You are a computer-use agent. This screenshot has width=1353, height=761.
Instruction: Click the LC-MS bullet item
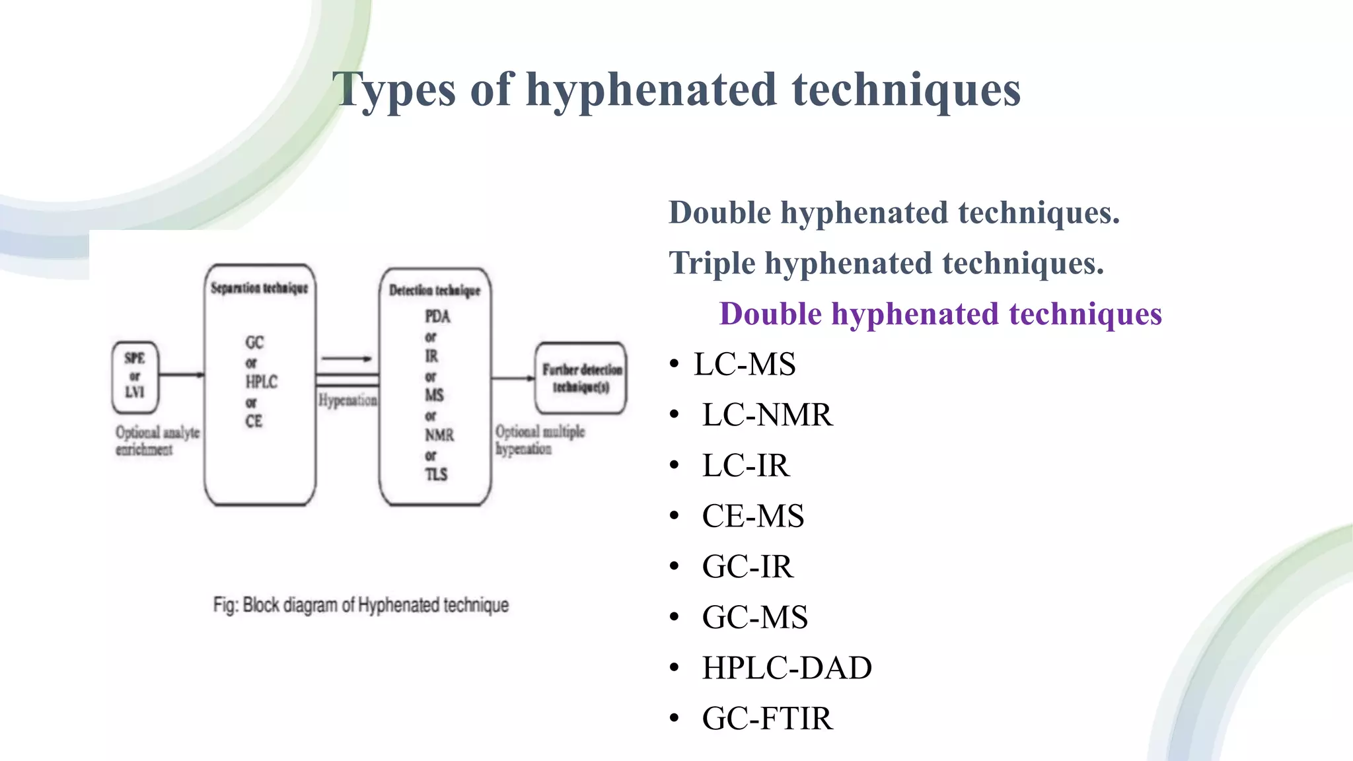click(x=745, y=365)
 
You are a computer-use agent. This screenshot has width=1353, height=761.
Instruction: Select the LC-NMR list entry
click(x=767, y=416)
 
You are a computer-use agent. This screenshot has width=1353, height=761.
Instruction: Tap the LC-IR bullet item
click(x=745, y=466)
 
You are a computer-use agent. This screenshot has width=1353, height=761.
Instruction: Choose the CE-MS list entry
click(x=752, y=517)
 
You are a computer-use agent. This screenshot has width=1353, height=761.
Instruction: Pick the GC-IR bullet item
click(x=747, y=567)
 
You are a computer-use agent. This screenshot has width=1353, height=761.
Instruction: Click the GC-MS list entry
click(x=754, y=618)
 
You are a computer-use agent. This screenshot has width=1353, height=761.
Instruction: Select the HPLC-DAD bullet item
click(x=786, y=668)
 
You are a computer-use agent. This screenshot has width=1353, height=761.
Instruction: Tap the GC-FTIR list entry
click(x=767, y=719)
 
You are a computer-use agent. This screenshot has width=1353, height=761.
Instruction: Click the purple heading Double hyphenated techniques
click(x=940, y=314)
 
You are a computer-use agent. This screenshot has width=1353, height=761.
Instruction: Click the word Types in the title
click(x=394, y=90)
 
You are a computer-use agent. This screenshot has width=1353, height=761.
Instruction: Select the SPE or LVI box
click(x=135, y=376)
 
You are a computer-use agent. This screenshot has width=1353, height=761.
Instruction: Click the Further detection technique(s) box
click(x=581, y=378)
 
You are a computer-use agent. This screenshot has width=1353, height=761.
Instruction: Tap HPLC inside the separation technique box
click(x=261, y=382)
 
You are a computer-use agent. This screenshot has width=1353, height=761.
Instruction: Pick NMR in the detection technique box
click(x=439, y=435)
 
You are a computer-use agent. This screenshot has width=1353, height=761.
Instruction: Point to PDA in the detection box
click(x=437, y=316)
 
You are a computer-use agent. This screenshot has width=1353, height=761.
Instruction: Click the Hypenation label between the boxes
click(x=347, y=400)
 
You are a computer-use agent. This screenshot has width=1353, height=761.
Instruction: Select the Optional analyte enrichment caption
click(x=157, y=441)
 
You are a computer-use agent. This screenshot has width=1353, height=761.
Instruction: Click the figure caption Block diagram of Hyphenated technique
click(x=361, y=605)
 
